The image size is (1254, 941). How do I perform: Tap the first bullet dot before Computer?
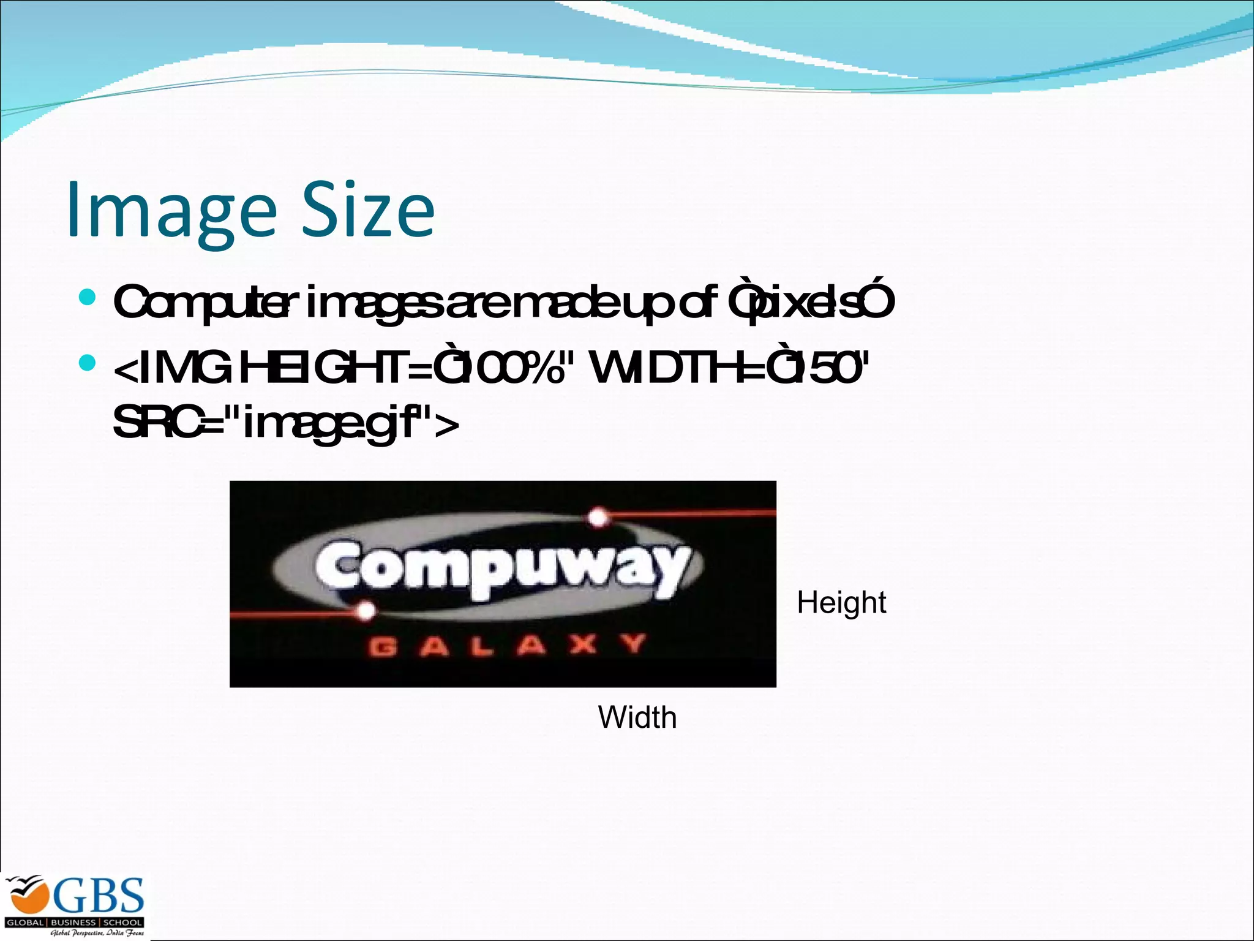[x=88, y=298]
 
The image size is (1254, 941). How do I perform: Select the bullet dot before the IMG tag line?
[x=88, y=363]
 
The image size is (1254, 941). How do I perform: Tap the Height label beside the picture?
[x=841, y=603]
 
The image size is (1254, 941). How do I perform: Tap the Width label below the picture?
[x=637, y=717]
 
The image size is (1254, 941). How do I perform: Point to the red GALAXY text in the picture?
[x=507, y=646]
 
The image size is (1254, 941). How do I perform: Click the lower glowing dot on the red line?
[x=366, y=611]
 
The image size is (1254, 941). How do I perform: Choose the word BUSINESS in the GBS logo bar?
[x=73, y=922]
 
